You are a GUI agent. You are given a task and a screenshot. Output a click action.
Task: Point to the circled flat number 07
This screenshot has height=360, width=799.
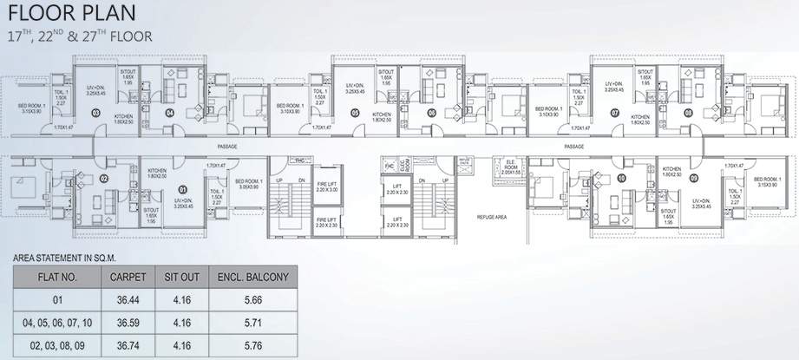[614, 113]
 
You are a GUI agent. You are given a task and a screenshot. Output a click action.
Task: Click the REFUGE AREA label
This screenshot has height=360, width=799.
[492, 217]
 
